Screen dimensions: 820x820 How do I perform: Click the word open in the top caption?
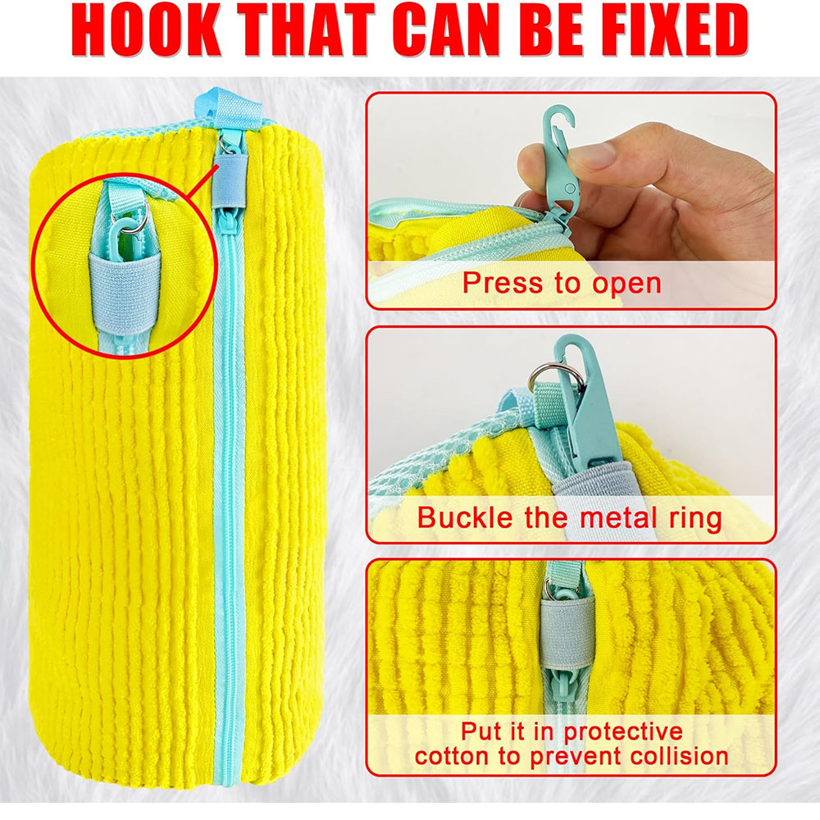coord(623,283)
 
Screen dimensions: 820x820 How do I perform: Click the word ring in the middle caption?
coord(694,517)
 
